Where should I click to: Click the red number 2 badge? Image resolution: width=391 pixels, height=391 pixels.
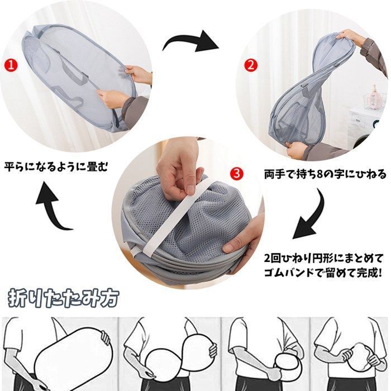click(251, 64)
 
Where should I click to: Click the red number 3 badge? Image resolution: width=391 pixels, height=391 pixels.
click(237, 174)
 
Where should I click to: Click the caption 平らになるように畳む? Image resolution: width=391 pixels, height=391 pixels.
click(55, 166)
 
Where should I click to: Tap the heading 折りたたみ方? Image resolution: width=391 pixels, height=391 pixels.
click(64, 298)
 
